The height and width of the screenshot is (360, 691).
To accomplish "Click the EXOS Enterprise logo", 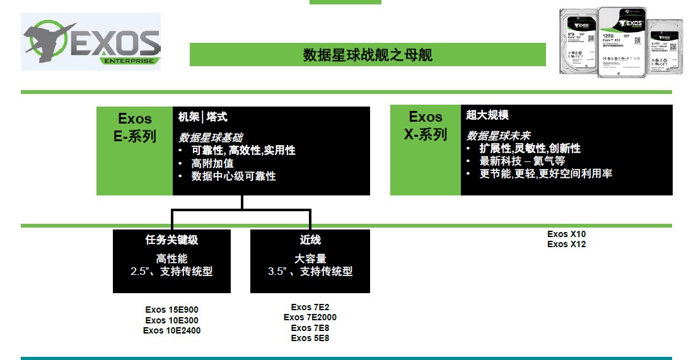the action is click(x=91, y=42).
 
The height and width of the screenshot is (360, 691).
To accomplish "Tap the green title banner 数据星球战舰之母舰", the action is click(x=368, y=55).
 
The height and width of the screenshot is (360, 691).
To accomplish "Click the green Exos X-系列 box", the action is click(x=426, y=150).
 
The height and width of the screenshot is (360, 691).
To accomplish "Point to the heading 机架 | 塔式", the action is click(x=202, y=117).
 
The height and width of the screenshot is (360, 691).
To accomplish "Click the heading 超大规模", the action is click(x=487, y=115).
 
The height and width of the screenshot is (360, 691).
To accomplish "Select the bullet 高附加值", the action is click(x=212, y=163).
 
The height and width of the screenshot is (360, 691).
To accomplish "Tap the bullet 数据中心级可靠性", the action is click(x=233, y=177).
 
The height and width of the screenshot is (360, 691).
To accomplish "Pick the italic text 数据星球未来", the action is click(x=498, y=136).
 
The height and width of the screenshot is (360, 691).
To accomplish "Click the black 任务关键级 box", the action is click(x=171, y=261).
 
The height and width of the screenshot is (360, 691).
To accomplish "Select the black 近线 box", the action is click(x=310, y=261).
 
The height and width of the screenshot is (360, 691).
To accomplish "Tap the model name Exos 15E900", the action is click(x=171, y=310).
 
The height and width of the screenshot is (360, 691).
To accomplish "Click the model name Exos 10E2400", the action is click(x=171, y=330).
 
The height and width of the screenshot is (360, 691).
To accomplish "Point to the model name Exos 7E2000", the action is click(x=310, y=317).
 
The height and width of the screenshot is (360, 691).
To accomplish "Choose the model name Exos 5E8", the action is click(x=310, y=338).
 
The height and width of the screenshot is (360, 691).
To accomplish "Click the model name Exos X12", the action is click(x=566, y=244).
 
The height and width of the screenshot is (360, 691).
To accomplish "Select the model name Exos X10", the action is click(x=566, y=234).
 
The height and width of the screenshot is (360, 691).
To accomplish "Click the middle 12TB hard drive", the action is click(x=622, y=42).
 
